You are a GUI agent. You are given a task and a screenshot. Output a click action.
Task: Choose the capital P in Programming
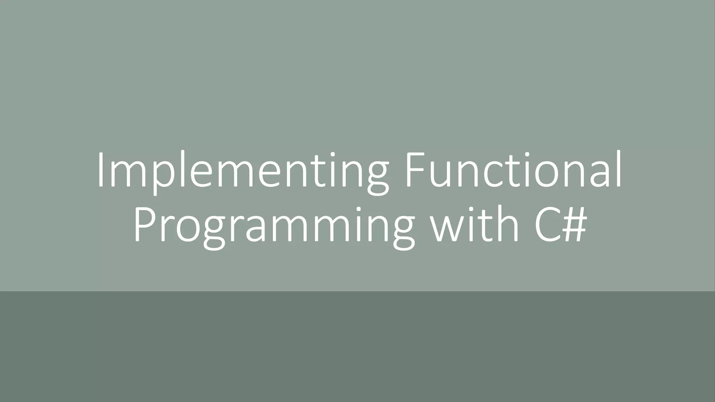point(143,227)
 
